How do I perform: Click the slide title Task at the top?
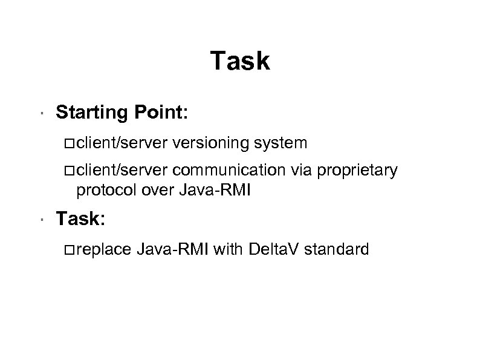(x=240, y=61)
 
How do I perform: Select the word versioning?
(x=212, y=143)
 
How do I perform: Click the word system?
(x=281, y=143)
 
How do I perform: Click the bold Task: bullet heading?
(x=81, y=218)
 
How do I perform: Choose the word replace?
(x=99, y=249)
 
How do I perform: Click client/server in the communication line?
(x=123, y=171)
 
